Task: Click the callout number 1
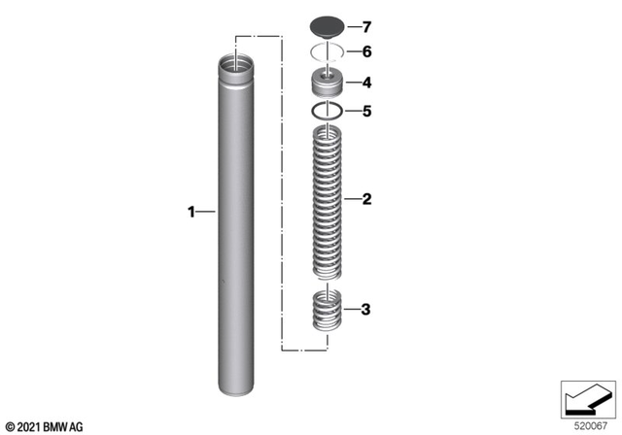(191, 210)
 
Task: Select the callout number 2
(366, 201)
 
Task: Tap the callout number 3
(366, 311)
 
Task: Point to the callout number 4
(366, 83)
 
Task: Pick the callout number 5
(366, 112)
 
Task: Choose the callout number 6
(366, 51)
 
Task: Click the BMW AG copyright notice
(45, 425)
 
